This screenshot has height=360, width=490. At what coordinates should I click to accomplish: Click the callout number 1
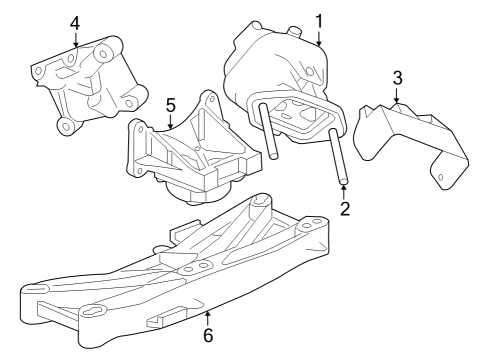coord(319,19)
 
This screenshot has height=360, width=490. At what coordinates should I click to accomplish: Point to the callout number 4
coord(74,22)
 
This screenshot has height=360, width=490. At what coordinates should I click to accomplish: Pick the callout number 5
coord(170,103)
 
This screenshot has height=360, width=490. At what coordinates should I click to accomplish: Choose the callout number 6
coord(207,335)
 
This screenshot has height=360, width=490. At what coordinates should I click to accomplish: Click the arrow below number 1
coord(319,40)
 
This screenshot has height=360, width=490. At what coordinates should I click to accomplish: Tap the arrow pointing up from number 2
coord(344,190)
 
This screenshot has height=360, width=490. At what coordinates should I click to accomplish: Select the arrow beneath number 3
coord(397,97)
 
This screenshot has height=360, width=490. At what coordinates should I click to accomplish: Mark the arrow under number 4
coord(74,43)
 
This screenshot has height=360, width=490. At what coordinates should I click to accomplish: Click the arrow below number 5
coord(170,123)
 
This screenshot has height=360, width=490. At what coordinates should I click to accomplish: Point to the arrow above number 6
coord(207,313)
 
